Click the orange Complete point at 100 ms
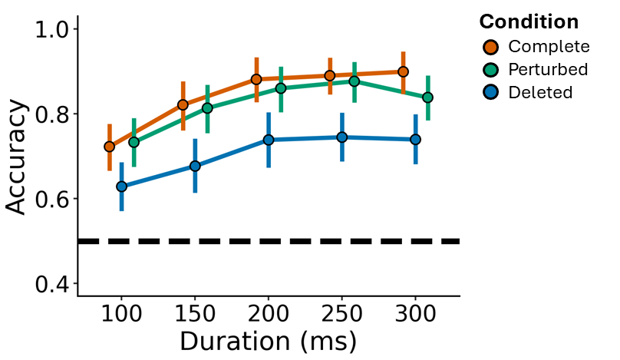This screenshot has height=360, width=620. (x=109, y=147)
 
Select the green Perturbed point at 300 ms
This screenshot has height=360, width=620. (x=427, y=97)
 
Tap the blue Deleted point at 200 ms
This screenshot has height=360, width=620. (x=269, y=140)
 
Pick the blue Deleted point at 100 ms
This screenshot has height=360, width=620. (x=121, y=187)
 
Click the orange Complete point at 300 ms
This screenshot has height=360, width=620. (x=403, y=72)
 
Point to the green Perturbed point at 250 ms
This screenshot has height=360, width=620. (x=354, y=81)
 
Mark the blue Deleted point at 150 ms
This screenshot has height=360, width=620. (x=195, y=166)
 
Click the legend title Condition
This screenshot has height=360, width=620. (x=528, y=21)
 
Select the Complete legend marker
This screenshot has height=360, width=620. (x=490, y=47)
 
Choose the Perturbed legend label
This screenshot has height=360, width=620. (x=548, y=70)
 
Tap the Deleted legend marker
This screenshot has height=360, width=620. (x=490, y=93)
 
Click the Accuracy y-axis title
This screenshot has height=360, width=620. (x=18, y=157)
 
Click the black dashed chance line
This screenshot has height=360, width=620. (x=269, y=242)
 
